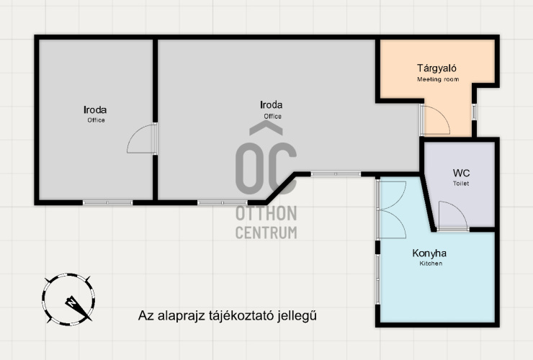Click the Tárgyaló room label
pos(436,68)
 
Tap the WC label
pos(461,173)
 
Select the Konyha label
pos(429,253)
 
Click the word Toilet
pos(461,184)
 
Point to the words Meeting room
pos(438,79)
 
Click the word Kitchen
pos(431,264)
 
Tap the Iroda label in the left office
pos(95,110)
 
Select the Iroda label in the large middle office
pos(272,104)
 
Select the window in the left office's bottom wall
pos(108,202)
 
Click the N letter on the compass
pos(72,302)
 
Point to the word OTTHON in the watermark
pos(266,214)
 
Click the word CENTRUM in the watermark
pos(266,233)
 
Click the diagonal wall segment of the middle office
pos(281,189)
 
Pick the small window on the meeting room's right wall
pos(474,112)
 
